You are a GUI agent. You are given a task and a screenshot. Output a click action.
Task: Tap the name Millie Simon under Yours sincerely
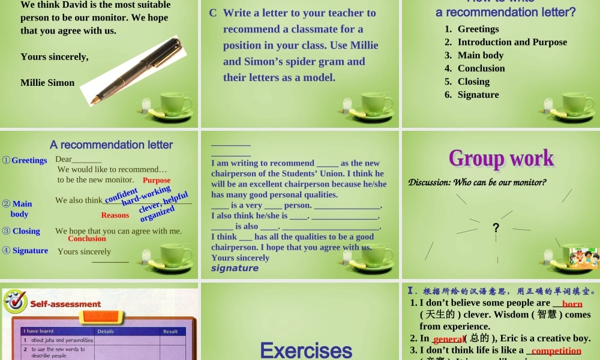[x=47, y=83]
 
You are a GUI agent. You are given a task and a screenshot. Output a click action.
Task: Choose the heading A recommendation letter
[x=111, y=145]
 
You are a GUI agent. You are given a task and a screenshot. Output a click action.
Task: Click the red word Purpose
[x=157, y=180]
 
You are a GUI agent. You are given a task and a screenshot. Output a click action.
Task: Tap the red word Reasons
[x=115, y=215]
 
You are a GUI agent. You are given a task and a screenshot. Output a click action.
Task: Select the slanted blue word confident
[x=121, y=196]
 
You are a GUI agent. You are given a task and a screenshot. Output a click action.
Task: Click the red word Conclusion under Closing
[x=87, y=239]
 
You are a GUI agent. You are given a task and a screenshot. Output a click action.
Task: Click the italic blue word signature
[x=235, y=268]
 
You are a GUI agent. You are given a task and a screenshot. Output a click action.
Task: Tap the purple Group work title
[x=501, y=158]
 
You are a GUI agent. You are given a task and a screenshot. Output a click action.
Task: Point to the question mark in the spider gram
[x=496, y=227]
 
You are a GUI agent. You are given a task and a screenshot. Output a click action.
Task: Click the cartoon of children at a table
[x=583, y=257]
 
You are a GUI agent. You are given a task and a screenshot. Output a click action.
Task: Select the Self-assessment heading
[x=65, y=304]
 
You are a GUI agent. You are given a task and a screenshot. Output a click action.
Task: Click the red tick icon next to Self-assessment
[x=14, y=301]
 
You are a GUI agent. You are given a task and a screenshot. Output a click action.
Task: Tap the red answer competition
[x=556, y=350]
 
